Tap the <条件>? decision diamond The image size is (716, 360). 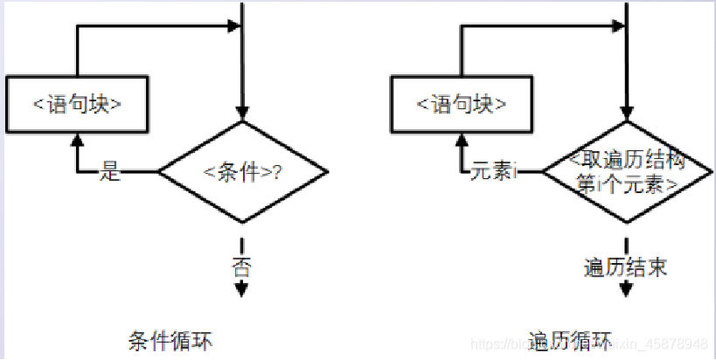click(242, 171)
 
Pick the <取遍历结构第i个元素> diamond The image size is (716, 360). click(626, 171)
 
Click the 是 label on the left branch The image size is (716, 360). click(110, 170)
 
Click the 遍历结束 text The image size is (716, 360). click(626, 267)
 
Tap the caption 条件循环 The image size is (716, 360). click(171, 339)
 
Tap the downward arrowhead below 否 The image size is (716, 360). click(242, 291)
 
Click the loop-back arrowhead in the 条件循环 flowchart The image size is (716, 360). click(234, 27)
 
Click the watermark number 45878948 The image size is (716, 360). click(673, 342)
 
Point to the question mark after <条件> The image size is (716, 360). click(277, 171)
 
